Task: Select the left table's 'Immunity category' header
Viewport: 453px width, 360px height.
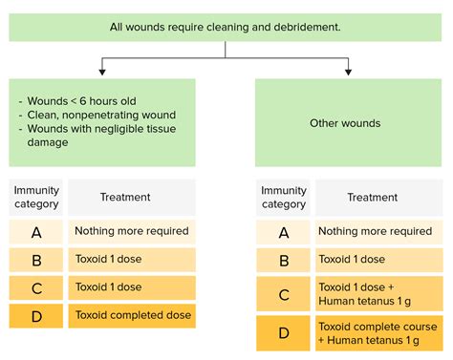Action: [36, 198]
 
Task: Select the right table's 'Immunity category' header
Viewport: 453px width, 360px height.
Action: [283, 198]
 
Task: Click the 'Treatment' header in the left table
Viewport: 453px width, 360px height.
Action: [125, 198]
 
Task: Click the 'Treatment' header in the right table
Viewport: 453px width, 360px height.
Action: [372, 198]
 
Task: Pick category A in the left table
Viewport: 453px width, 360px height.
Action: [36, 231]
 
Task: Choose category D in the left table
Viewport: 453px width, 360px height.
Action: [36, 315]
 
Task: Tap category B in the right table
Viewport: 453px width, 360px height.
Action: [283, 259]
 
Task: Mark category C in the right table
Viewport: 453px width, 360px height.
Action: [283, 294]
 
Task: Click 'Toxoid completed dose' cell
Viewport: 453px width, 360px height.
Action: [133, 315]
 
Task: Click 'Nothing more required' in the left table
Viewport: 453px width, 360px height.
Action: [133, 231]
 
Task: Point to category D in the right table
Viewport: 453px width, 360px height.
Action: [283, 333]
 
